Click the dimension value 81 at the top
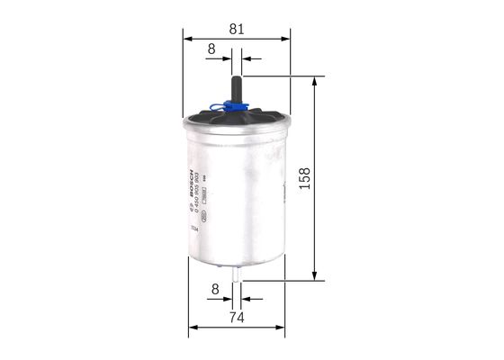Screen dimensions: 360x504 coord(237,28)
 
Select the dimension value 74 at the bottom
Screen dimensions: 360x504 coord(237,317)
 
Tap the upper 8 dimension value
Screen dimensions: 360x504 coord(211,49)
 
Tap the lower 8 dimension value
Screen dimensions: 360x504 coord(213,290)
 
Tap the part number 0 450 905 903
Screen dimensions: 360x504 coord(198,194)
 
